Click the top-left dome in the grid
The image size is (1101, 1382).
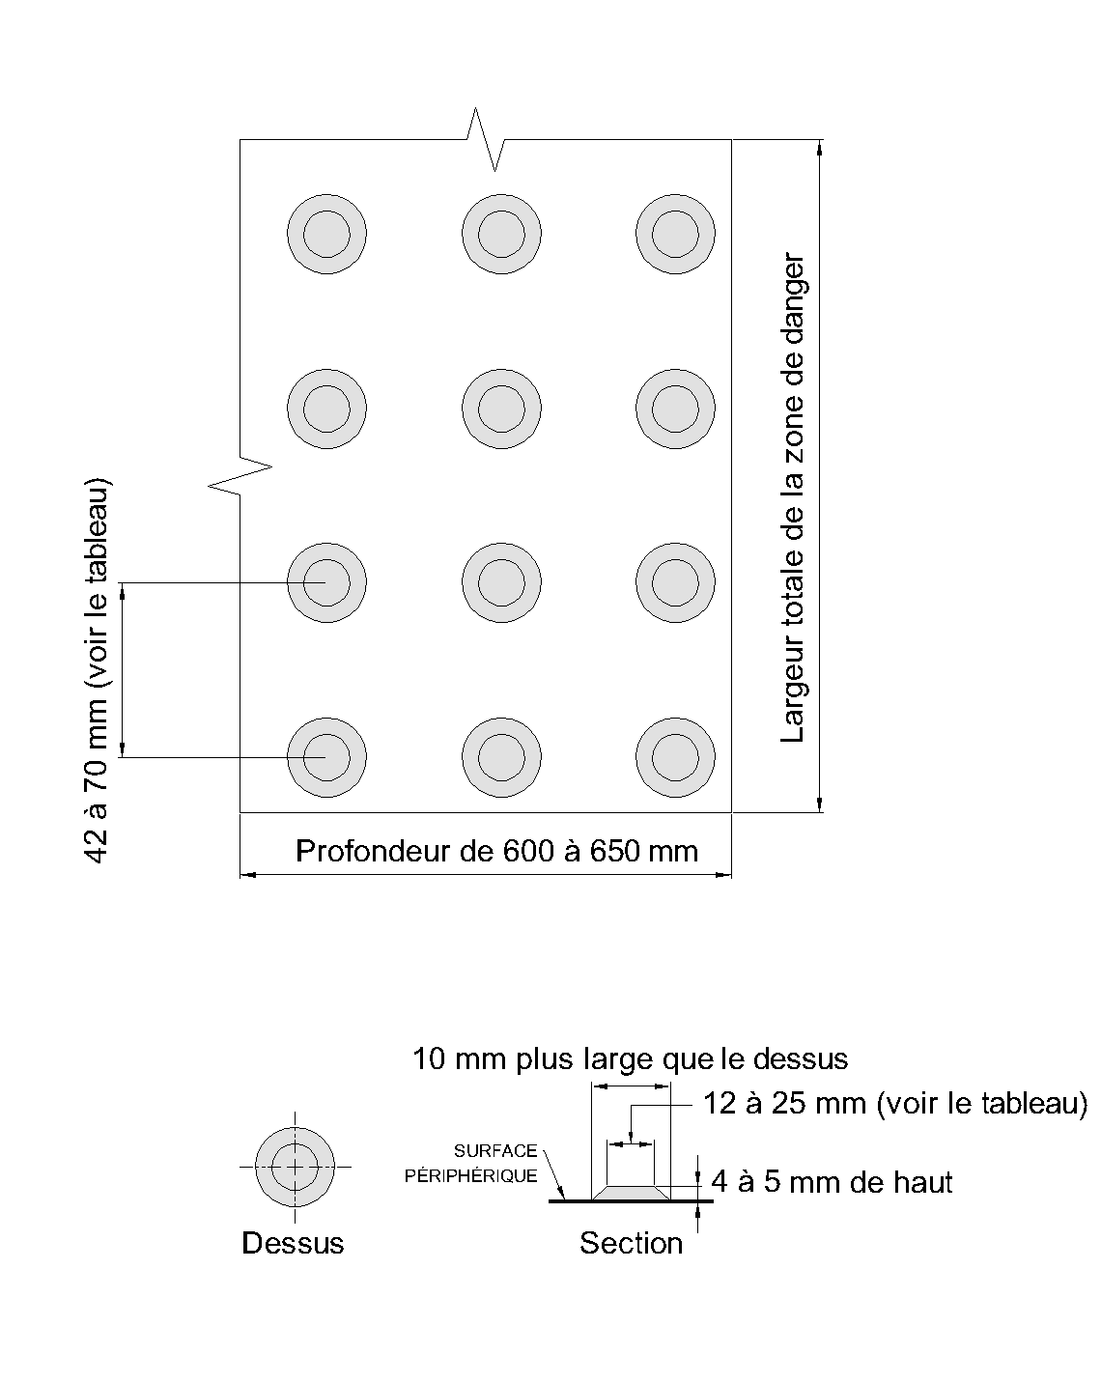coord(326,234)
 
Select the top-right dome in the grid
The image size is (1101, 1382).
coord(675,234)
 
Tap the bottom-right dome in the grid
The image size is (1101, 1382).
coord(675,758)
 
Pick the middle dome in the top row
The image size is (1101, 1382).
coord(501,234)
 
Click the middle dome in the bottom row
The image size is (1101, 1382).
coord(501,758)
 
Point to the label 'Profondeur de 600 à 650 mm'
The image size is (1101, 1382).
coord(496,851)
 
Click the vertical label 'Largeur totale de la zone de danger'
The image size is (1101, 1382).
coord(793,498)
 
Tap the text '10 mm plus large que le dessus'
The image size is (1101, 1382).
coord(630,1059)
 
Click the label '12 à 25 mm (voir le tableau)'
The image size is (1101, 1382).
coord(894,1103)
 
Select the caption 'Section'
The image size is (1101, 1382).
coord(631,1243)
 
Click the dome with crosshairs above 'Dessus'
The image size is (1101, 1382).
coord(295,1167)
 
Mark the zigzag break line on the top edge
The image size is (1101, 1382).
coord(486,140)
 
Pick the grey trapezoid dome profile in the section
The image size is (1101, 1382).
coord(630,1194)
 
